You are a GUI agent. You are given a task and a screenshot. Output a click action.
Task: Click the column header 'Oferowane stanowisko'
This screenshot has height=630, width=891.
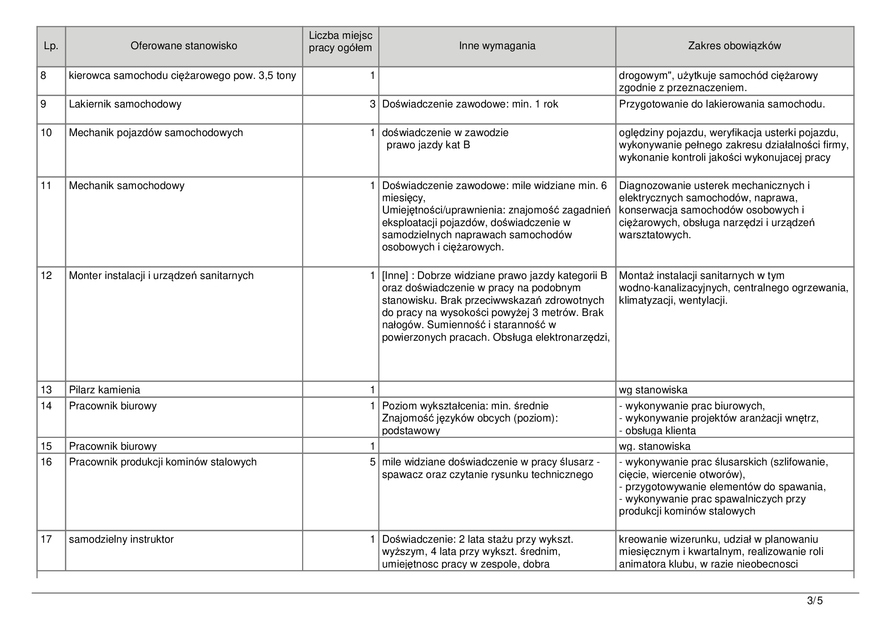coord(184,46)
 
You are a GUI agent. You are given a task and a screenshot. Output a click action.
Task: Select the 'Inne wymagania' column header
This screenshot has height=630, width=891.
coord(497,46)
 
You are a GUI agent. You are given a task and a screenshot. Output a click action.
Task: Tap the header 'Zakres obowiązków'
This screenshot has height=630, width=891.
coord(734,46)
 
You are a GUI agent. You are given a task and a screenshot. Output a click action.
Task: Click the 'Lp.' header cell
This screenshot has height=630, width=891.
coord(51,46)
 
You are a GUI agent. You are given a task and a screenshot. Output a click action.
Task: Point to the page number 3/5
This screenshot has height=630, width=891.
coord(814,601)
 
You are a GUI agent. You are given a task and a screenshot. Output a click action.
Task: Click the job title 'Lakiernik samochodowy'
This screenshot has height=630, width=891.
coord(125,104)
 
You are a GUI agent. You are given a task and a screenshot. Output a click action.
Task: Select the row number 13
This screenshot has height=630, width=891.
coord(46,390)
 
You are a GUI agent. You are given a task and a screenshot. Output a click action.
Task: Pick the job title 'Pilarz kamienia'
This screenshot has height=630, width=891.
coord(104,390)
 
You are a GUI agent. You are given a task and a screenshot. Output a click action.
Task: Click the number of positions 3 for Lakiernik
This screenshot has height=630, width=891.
coord(373,104)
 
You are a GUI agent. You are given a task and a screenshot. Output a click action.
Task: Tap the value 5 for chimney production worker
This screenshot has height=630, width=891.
coord(373,462)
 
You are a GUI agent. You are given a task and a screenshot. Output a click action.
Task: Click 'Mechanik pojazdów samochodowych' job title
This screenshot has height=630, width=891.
coord(156,133)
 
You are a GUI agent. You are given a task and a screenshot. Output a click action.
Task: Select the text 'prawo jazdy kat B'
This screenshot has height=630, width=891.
coord(428,145)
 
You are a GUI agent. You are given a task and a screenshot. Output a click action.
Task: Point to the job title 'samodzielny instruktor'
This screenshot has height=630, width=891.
coord(121,539)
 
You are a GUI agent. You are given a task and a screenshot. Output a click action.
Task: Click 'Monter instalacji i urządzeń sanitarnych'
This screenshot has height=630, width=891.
coord(161,276)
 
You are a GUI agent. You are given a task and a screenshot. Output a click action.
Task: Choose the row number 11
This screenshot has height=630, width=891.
coord(46,186)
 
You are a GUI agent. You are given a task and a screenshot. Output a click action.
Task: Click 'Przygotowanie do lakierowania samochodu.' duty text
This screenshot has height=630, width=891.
coord(722,104)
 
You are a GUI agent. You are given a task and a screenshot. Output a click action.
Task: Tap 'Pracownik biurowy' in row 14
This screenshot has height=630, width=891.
coord(112,406)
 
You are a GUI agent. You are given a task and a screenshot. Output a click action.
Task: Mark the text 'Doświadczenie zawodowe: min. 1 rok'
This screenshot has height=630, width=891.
coord(470,104)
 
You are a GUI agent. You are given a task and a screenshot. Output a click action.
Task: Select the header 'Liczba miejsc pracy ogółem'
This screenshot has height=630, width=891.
coord(340,42)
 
